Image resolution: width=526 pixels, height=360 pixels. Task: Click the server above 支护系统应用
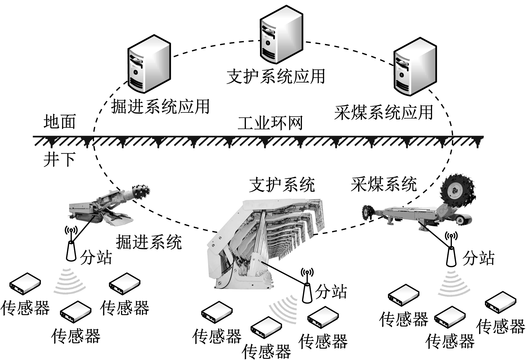tap(281, 34)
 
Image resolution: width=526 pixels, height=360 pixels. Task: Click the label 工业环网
tap(270, 123)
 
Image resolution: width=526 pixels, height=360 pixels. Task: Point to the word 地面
tap(60, 122)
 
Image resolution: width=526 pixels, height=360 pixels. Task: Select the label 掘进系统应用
tap(160, 107)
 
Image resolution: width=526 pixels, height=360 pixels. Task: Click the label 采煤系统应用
tap(384, 112)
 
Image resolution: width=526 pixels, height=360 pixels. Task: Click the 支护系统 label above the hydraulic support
tap(282, 185)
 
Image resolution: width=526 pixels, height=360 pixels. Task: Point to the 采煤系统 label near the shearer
tap(384, 184)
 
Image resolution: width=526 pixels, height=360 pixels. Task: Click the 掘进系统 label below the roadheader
tap(149, 242)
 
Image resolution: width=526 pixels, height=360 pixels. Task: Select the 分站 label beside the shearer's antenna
tap(478, 258)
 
